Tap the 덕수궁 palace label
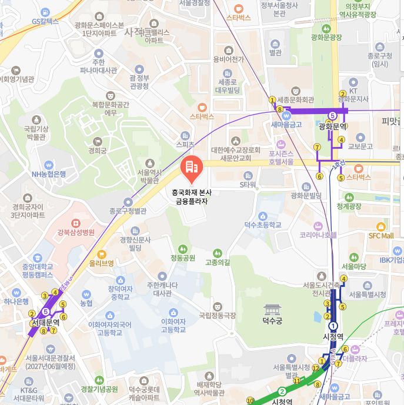(x=272, y=321)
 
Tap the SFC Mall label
(x=380, y=236)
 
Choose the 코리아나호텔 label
(x=318, y=235)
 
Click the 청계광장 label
(x=349, y=206)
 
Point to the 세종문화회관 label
(x=295, y=99)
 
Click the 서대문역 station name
(x=45, y=323)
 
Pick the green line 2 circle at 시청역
(x=282, y=392)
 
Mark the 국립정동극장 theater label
(x=218, y=316)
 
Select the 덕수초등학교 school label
(x=262, y=225)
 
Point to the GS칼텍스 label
(x=45, y=21)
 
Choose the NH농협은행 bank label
(x=49, y=174)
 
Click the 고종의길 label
(x=218, y=262)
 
